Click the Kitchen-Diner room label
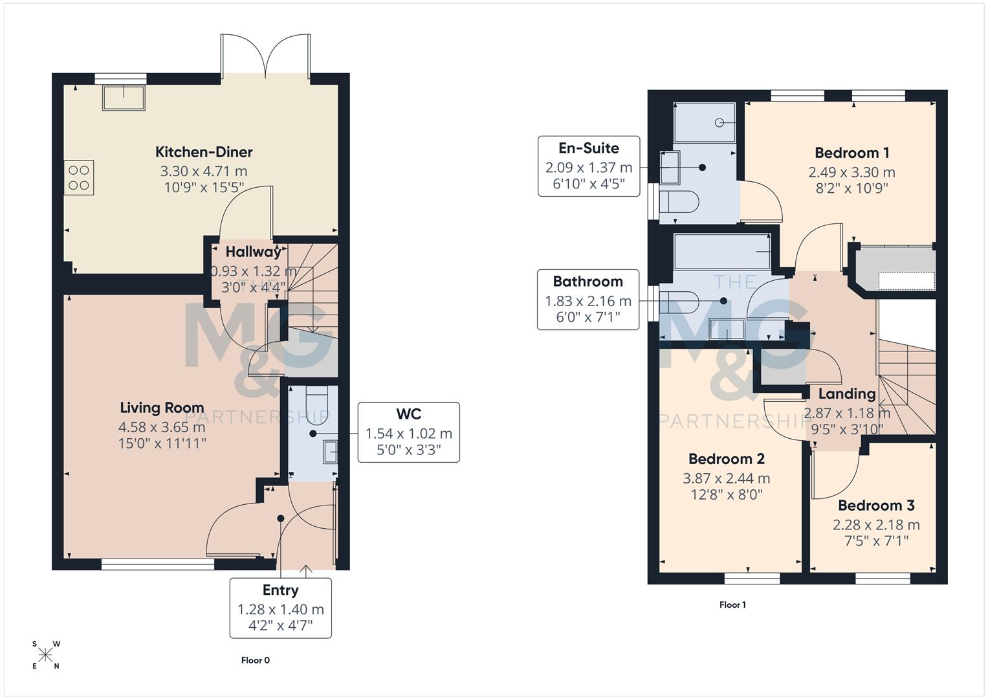tap(204, 152)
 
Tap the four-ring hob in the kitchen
tap(79, 177)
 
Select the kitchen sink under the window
tap(124, 98)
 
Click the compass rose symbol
tap(45, 655)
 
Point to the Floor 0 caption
tap(256, 660)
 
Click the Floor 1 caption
tap(732, 605)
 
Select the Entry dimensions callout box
tap(280, 608)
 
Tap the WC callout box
tap(408, 432)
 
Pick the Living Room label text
tap(162, 408)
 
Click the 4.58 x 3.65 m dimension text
tap(162, 427)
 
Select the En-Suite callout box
tap(588, 166)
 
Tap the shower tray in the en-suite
tap(704, 123)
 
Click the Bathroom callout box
tap(587, 299)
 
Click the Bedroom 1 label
tap(851, 153)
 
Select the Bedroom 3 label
tap(876, 505)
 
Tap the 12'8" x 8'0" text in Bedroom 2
tap(726, 495)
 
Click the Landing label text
tap(846, 394)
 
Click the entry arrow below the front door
tap(306, 570)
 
